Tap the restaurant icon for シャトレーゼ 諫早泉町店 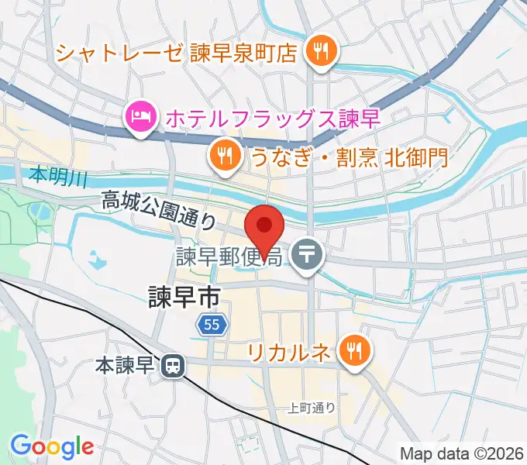tap(319, 52)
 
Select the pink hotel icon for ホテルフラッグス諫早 tap(140, 119)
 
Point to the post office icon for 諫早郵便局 tap(309, 253)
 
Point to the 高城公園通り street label tap(160, 211)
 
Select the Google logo tap(52, 446)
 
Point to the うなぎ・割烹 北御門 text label tap(349, 157)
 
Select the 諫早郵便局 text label tap(228, 254)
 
